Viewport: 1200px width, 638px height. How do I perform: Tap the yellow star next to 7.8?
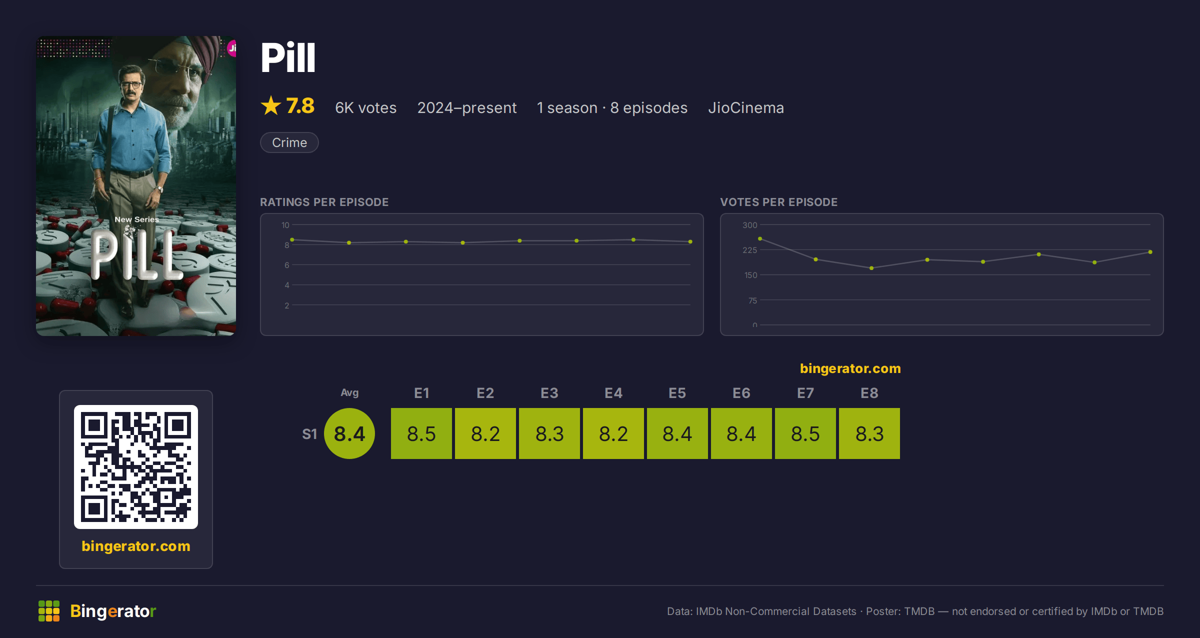[x=271, y=105]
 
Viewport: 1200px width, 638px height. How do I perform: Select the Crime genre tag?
[x=289, y=142]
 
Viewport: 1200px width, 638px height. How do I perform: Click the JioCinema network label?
[x=746, y=107]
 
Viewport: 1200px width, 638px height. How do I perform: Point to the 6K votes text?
[x=365, y=107]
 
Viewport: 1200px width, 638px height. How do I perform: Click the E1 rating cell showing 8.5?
[x=421, y=433]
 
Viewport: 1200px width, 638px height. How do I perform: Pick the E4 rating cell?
[x=613, y=433]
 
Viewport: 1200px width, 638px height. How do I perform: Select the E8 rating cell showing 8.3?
[x=869, y=433]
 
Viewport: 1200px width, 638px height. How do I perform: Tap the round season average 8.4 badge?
[x=349, y=433]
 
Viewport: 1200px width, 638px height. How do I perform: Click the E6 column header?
[x=741, y=393]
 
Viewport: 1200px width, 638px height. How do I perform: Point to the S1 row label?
[x=309, y=434]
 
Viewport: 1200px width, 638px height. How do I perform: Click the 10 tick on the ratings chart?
[x=285, y=225]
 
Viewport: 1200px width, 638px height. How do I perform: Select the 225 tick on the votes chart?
[x=749, y=250]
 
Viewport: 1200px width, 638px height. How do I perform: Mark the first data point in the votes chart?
[x=760, y=239]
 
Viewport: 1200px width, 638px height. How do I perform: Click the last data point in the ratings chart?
[x=690, y=242]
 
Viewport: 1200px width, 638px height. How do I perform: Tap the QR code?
[x=136, y=467]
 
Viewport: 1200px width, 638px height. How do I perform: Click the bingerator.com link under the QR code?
[x=136, y=546]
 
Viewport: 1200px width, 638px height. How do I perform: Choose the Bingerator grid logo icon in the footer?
[x=49, y=611]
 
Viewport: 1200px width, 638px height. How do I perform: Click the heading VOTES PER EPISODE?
[x=778, y=202]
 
